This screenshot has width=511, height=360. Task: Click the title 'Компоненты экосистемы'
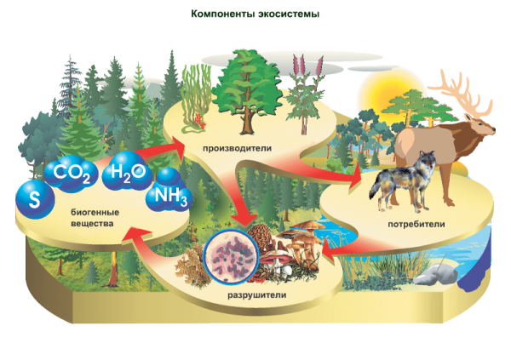click(x=255, y=14)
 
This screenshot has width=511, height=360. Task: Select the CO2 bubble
click(x=71, y=174)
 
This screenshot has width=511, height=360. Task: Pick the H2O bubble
click(x=128, y=171)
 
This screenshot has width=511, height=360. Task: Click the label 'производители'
click(x=238, y=149)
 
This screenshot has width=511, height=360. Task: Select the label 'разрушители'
click(x=257, y=295)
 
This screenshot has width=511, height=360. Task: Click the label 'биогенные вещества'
click(x=95, y=218)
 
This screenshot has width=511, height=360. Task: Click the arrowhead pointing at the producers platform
click(x=178, y=146)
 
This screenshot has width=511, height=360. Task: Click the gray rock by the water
click(x=436, y=275)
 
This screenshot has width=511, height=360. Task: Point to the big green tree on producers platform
click(x=247, y=91)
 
